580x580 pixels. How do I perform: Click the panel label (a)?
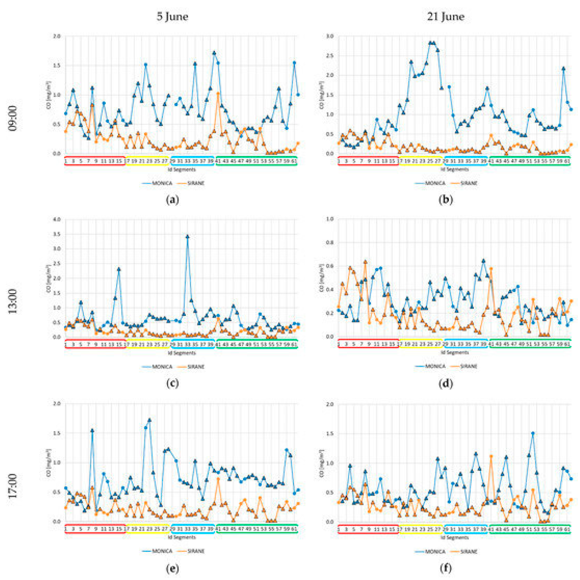tap(172, 200)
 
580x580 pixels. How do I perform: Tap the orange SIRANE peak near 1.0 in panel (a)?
tap(218, 93)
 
